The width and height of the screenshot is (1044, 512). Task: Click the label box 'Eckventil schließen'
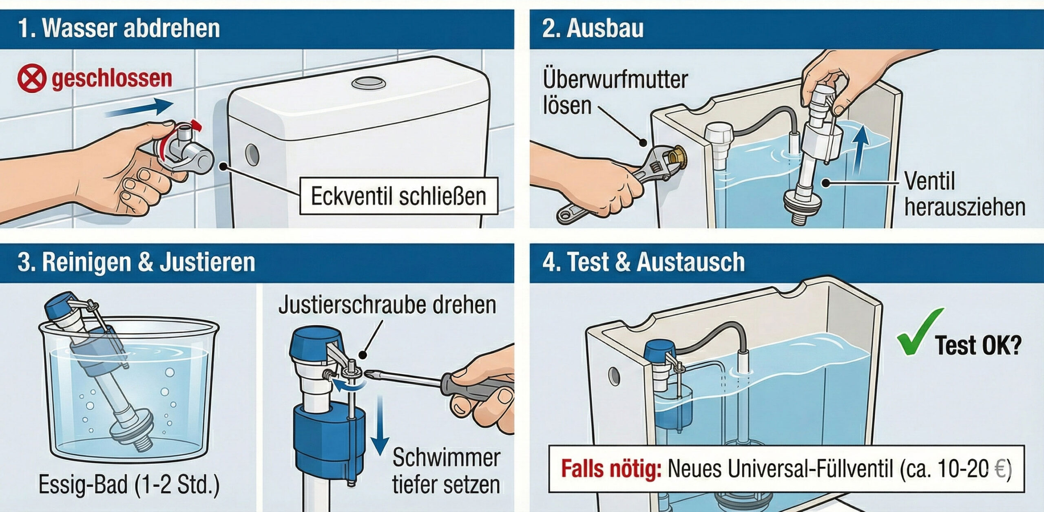click(x=398, y=196)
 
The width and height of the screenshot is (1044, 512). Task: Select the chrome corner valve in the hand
click(x=192, y=155)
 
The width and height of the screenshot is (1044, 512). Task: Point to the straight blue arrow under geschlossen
click(x=139, y=108)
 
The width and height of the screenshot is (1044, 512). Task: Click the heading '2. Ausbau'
click(x=592, y=29)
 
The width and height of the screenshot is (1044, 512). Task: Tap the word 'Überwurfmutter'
click(x=615, y=79)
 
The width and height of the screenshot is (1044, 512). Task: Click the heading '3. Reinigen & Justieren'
click(x=136, y=262)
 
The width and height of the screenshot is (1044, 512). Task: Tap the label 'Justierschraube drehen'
click(x=387, y=305)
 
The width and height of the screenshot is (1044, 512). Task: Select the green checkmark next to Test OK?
click(x=918, y=332)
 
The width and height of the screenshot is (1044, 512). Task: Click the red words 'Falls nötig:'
click(x=610, y=469)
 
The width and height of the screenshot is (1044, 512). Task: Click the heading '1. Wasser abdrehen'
click(x=119, y=29)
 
